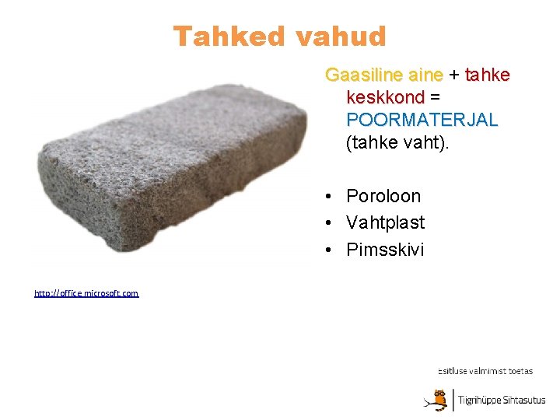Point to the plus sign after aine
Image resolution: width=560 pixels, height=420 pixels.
pyautogui.click(x=454, y=75)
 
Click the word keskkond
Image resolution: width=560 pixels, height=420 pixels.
pyautogui.click(x=385, y=98)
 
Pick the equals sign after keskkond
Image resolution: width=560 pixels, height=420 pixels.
pyautogui.click(x=436, y=98)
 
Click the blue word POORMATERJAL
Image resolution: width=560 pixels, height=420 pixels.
pyautogui.click(x=422, y=121)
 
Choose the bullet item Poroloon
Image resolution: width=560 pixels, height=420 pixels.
pyautogui.click(x=383, y=196)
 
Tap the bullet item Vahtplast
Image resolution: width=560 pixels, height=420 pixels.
pyautogui.click(x=386, y=222)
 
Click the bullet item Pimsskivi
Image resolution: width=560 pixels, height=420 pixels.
pyautogui.click(x=385, y=250)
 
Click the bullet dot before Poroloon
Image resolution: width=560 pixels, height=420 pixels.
pyautogui.click(x=331, y=196)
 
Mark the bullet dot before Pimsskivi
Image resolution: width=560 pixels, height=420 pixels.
pyautogui.click(x=331, y=250)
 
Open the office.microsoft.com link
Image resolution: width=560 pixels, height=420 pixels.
pyautogui.click(x=86, y=293)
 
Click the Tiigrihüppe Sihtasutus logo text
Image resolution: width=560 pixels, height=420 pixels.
pyautogui.click(x=502, y=401)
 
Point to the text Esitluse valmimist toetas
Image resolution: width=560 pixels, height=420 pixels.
pyautogui.click(x=485, y=371)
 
